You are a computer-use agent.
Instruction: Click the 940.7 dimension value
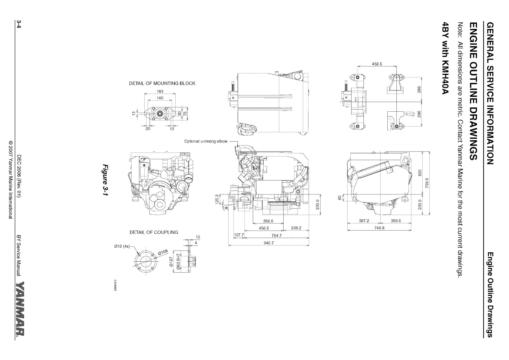coord(268,243)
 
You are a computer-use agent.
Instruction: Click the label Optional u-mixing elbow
coord(206,141)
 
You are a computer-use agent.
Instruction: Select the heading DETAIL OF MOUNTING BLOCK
coord(162,83)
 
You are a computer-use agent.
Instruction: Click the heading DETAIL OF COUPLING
coord(154,232)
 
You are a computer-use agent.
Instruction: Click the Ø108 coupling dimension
coord(164,252)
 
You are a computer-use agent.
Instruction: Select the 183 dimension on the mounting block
coord(160,91)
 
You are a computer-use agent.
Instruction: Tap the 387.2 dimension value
coord(364,221)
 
